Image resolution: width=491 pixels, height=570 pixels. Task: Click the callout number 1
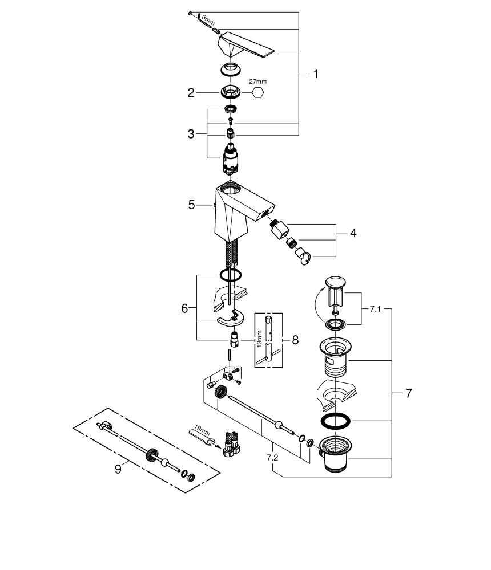pos(315,74)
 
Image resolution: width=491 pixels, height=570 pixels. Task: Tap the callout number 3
pos(191,135)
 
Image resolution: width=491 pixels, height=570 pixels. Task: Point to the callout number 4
pos(353,233)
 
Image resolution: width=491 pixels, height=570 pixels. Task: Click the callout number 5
pos(192,204)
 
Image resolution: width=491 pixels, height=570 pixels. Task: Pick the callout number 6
pos(184,308)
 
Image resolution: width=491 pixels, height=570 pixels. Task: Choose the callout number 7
pos(408,393)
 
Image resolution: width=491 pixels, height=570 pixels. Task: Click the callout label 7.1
pos(375,308)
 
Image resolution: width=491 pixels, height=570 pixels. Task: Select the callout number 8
pos(295,340)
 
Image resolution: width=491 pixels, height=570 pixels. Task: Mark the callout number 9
pos(118,469)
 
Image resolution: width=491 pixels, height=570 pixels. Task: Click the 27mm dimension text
pos(257,82)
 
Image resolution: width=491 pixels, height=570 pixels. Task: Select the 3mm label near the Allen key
pos(208,22)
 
